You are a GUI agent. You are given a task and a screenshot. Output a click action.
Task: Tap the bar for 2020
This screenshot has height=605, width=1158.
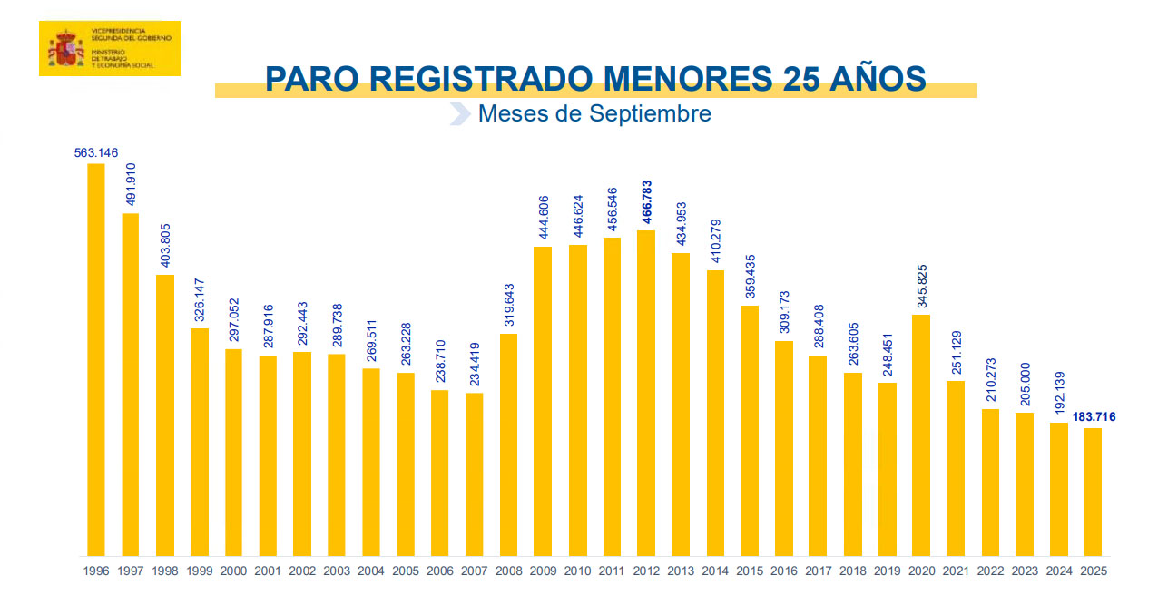pos(921,435)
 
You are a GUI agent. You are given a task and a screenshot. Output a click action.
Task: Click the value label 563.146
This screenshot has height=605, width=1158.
pos(96,153)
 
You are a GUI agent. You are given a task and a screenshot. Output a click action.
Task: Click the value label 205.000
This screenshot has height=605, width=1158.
pos(1025,384)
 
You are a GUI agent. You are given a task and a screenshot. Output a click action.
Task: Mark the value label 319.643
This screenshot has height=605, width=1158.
pos(508,305)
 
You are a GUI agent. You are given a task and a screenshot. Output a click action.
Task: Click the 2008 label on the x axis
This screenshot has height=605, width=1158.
pos(508,571)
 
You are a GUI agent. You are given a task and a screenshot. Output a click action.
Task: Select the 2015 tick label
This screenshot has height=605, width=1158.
pos(749,571)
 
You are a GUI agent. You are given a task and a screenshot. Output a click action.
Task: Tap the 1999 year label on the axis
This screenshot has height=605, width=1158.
pos(199,571)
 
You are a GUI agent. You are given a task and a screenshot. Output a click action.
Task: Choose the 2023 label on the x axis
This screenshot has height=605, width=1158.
pos(1025,571)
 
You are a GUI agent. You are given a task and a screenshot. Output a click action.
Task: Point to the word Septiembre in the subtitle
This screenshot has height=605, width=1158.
pos(650,113)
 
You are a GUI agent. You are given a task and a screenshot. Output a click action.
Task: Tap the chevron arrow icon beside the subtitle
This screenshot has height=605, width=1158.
pos(460,114)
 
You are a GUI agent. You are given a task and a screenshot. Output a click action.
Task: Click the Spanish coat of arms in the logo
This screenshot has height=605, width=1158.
pos(65,48)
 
